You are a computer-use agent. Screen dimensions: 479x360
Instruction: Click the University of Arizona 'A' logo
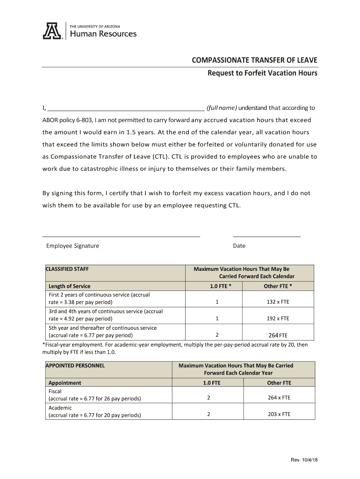point(52,31)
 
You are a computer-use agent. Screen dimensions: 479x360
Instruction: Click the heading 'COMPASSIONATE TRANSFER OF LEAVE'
point(255,60)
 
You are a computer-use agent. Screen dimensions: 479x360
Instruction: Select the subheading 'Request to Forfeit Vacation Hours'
point(262,73)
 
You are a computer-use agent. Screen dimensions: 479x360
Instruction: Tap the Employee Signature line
point(121,237)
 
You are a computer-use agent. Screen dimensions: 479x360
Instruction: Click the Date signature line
point(266,237)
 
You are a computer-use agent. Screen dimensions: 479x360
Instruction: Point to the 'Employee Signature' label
point(72,246)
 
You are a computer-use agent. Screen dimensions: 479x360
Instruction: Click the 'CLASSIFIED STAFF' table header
point(67,269)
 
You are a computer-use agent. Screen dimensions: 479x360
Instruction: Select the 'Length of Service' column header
point(70,286)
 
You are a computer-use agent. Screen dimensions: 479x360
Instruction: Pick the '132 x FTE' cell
point(278,302)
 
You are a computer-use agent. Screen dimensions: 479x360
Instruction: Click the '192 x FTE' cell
point(278,319)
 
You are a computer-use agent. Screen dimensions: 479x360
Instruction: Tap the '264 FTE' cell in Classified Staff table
point(278,335)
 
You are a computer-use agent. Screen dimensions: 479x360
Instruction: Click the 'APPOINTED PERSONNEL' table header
point(75,365)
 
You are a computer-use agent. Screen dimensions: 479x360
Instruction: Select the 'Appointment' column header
point(65,383)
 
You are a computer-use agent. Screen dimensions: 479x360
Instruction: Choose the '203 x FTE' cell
point(279,414)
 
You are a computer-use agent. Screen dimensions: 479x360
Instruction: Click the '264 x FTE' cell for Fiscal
point(279,398)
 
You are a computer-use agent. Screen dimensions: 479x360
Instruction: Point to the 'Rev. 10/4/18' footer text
point(304,460)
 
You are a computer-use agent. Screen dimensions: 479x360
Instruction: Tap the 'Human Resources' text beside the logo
point(103,34)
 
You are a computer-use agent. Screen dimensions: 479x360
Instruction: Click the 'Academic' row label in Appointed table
point(60,408)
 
